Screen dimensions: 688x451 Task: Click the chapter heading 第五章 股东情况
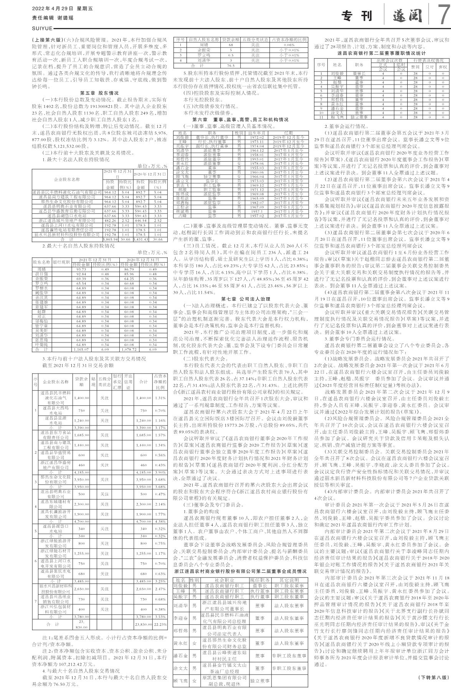(99, 93)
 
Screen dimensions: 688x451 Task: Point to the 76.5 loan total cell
(231, 66)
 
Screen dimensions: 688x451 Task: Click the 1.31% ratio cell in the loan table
(160, 398)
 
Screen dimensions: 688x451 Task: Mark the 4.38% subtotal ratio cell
(160, 521)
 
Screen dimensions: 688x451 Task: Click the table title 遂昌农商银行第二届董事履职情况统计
(382, 53)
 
